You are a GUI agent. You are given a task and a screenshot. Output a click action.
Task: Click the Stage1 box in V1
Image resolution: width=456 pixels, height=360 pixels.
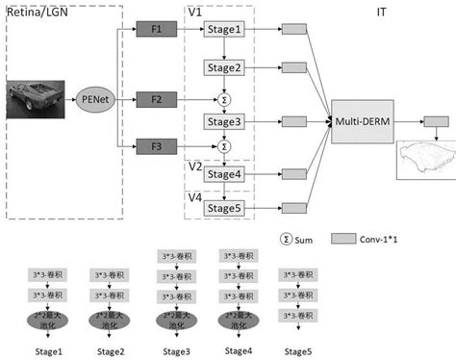click(224, 32)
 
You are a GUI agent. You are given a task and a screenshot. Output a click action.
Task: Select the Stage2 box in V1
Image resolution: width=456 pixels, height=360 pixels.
click(224, 68)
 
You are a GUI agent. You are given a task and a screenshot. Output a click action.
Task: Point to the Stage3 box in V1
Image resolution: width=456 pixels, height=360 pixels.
click(224, 123)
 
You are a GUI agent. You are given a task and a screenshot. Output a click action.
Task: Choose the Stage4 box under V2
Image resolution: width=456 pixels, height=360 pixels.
click(224, 174)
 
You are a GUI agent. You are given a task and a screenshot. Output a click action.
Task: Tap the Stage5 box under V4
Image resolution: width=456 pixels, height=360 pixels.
click(224, 206)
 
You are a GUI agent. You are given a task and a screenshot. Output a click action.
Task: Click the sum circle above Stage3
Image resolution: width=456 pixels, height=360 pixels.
click(224, 98)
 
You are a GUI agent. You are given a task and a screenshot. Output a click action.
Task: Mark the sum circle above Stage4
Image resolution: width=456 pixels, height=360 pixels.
click(224, 146)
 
